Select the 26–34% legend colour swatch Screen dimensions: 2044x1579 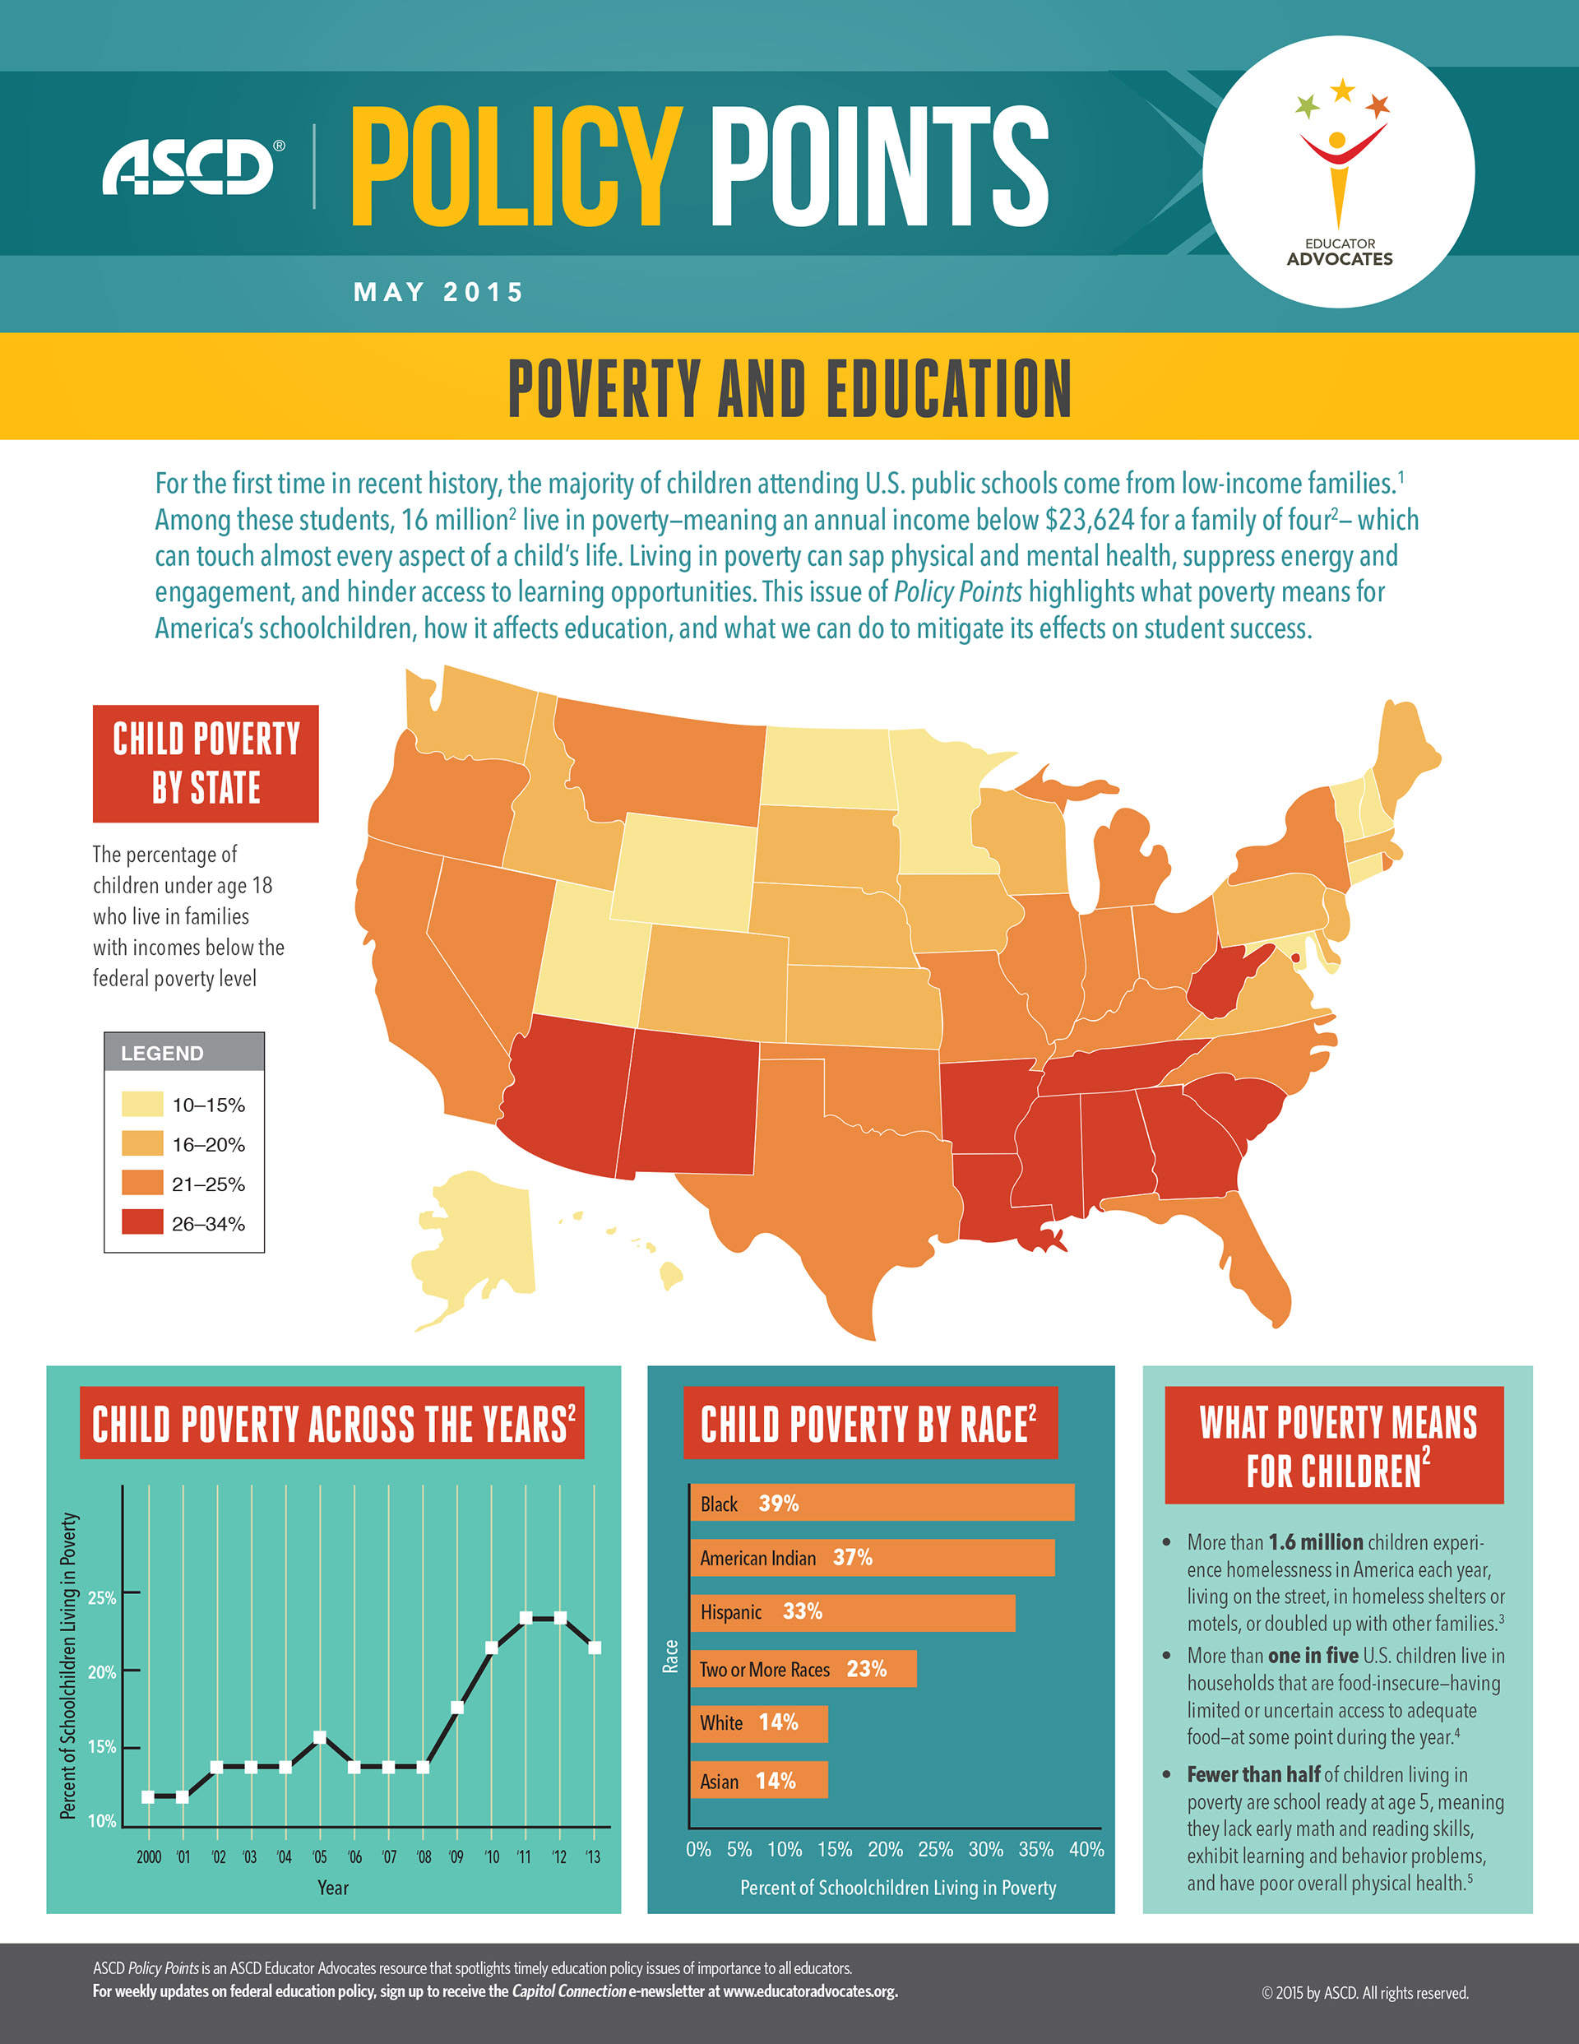tap(142, 1222)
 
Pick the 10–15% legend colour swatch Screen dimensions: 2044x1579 tap(142, 1105)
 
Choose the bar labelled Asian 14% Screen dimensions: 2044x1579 tap(758, 1780)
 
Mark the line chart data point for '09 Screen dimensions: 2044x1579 tap(456, 1707)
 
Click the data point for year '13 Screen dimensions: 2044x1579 tap(595, 1648)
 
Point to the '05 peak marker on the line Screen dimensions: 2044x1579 tap(320, 1737)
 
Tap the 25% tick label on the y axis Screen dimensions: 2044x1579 tap(101, 1597)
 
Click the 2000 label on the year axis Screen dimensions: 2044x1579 tap(149, 1856)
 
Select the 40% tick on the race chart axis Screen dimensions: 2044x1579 tap(1086, 1849)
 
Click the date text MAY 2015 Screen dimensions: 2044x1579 tap(438, 292)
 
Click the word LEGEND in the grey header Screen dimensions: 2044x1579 tap(162, 1053)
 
